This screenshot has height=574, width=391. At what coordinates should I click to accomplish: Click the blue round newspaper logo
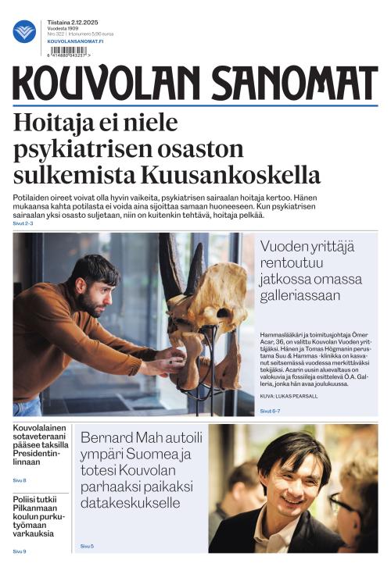[x=24, y=31]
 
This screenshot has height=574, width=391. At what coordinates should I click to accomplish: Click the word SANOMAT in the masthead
[x=285, y=83]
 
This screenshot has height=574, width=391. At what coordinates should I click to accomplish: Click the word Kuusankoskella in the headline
[x=245, y=173]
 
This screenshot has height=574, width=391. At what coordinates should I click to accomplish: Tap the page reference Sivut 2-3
[x=23, y=223]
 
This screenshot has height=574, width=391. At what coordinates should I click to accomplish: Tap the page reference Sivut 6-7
[x=270, y=410]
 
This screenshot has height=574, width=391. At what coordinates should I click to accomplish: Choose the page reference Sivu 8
[x=20, y=480]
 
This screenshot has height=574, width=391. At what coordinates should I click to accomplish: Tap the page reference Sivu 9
[x=20, y=551]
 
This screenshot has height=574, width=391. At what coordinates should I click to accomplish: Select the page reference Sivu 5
[x=87, y=546]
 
